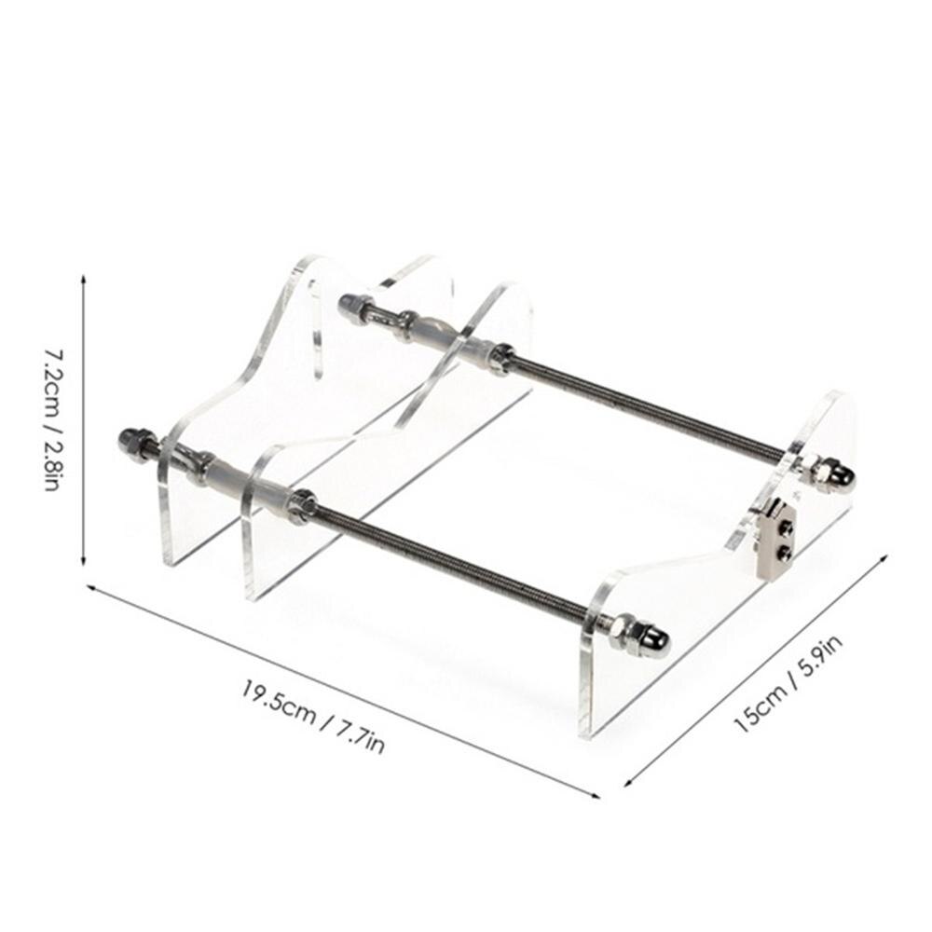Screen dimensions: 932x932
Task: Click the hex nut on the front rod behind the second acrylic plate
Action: coord(301,505)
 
